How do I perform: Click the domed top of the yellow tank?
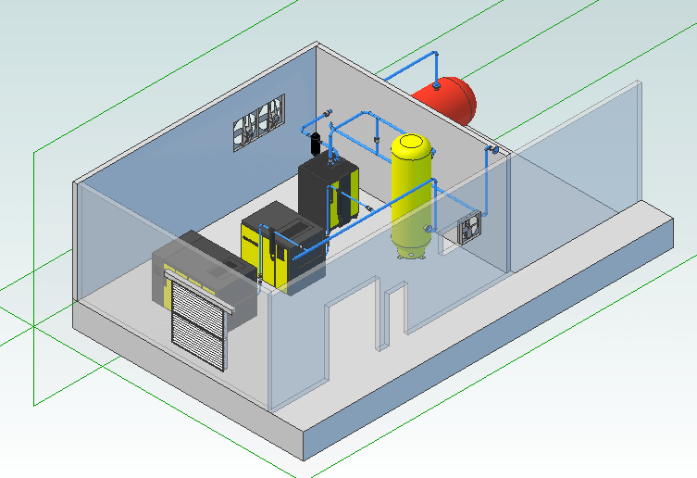[x=410, y=143]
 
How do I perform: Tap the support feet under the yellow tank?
[x=409, y=253]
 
